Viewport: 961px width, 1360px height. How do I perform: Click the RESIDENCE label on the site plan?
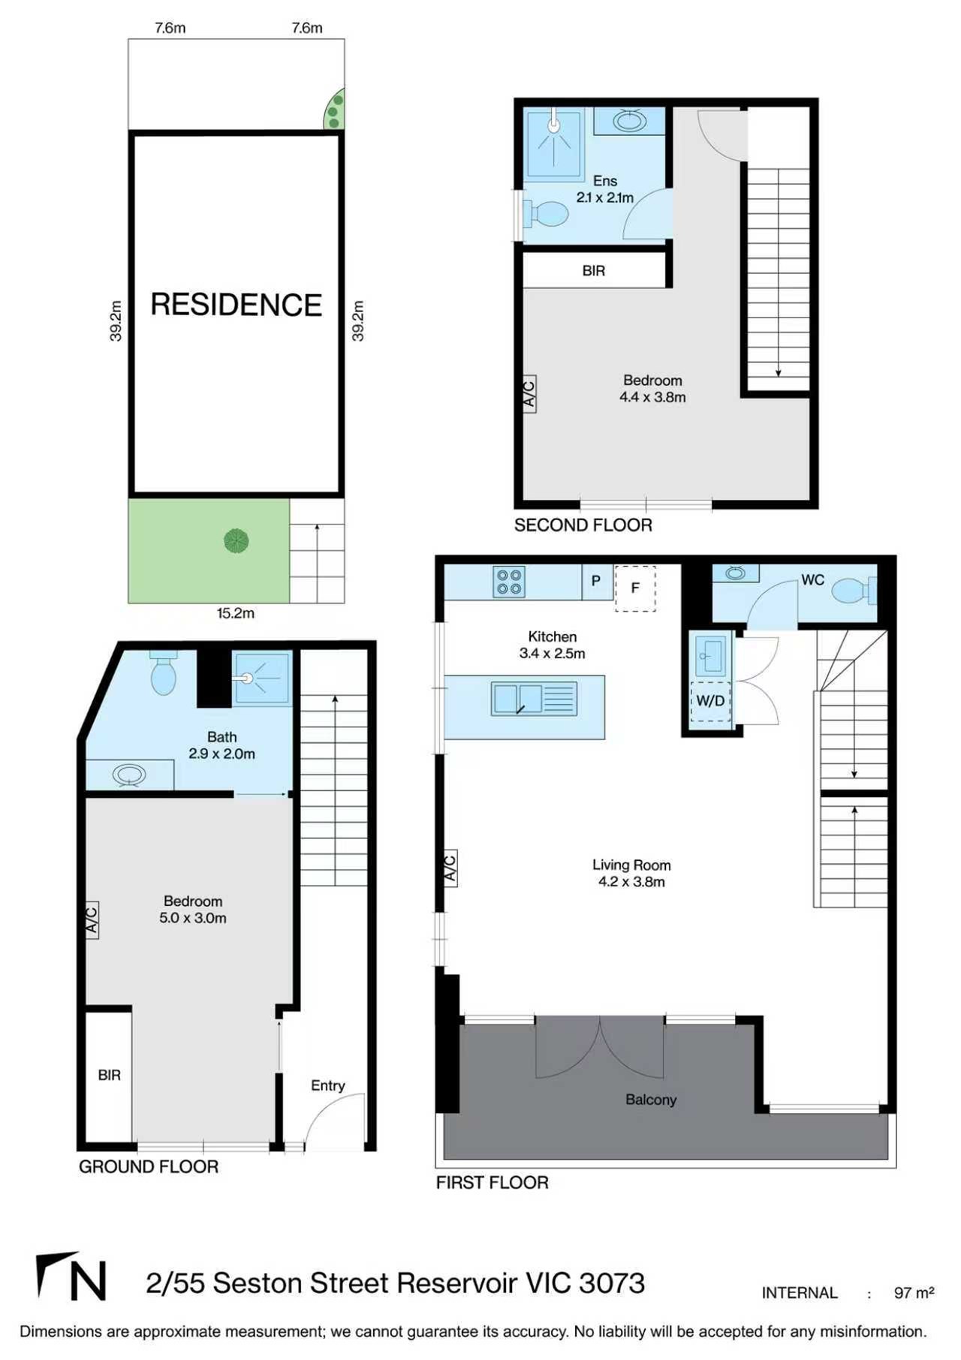(236, 305)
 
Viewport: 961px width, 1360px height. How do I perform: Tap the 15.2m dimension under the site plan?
(236, 613)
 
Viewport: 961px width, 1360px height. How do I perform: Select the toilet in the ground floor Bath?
(163, 675)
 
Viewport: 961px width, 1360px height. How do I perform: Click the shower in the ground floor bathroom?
(261, 678)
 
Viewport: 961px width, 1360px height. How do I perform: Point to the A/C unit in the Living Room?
(449, 868)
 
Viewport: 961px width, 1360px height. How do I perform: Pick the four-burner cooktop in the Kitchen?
(509, 582)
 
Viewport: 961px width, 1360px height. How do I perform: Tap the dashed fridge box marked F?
(635, 588)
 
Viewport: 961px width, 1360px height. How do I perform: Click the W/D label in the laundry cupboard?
(710, 701)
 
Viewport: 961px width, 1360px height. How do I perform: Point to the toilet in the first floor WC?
(852, 590)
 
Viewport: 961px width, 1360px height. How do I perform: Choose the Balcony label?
(651, 1100)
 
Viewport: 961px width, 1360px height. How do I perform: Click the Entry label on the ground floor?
(327, 1085)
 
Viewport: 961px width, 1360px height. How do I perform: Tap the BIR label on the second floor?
(593, 271)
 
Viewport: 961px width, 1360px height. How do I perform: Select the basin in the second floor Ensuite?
(629, 121)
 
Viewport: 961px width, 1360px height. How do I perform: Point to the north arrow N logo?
(71, 1277)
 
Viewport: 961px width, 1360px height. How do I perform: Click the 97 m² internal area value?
(913, 1292)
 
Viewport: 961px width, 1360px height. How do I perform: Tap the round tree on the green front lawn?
(236, 540)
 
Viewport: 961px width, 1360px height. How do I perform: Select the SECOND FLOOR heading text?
(583, 525)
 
